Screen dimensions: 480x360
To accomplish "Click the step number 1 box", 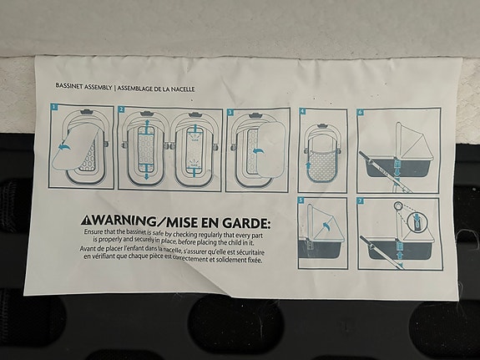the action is click(54, 107).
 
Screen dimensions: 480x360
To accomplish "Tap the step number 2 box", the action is click(122, 109).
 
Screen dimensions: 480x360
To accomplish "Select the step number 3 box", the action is click(230, 112).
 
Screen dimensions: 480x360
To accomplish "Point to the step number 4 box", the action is click(303, 112).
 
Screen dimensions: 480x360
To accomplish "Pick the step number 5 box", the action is click(301, 200).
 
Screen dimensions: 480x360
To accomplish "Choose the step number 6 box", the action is click(361, 112).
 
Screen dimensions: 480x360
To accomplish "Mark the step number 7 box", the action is click(361, 201).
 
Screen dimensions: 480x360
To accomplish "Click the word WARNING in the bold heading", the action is click(123, 220).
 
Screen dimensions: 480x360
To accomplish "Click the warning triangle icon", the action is click(85, 220).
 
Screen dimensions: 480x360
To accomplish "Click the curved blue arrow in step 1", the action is click(65, 147).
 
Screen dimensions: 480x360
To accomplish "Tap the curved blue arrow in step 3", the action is click(259, 150).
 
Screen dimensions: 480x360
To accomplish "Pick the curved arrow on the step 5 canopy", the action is click(326, 226).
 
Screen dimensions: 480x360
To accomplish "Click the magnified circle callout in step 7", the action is click(417, 221).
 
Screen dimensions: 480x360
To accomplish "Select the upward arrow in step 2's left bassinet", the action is click(147, 126).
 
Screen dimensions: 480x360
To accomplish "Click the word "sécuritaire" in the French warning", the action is click(250, 252).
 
